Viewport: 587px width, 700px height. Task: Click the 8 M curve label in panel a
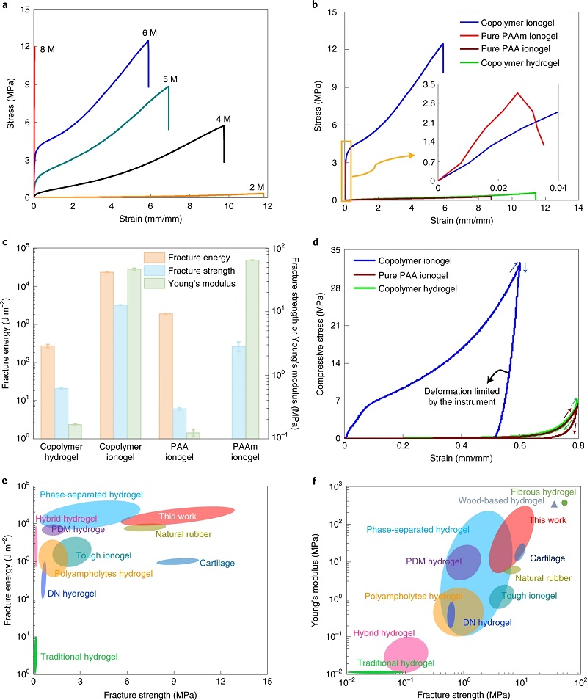pyautogui.click(x=47, y=49)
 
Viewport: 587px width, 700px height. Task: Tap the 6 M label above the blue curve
pyautogui.click(x=150, y=33)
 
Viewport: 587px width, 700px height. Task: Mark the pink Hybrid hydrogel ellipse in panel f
pyautogui.click(x=406, y=652)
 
